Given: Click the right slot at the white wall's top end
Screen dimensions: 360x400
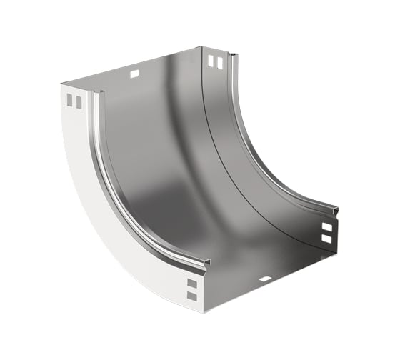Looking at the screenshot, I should coord(79,102).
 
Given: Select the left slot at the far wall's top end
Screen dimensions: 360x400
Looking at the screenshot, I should coord(211,62).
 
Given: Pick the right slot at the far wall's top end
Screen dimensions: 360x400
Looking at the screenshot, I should coord(219,63).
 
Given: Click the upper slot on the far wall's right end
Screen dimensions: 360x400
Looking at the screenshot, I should coord(326,226).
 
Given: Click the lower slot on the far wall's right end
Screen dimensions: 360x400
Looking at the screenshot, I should coord(326,239).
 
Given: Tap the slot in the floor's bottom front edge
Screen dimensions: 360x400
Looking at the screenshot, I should coord(265,278).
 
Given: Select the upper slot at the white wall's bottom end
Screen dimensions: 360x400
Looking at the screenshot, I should coord(191,283).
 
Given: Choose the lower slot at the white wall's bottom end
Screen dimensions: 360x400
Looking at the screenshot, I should coord(191,295).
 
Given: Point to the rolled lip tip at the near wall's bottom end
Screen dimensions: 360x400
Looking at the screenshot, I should coord(207,263).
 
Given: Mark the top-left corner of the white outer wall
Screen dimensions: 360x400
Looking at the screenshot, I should coord(62,84).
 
